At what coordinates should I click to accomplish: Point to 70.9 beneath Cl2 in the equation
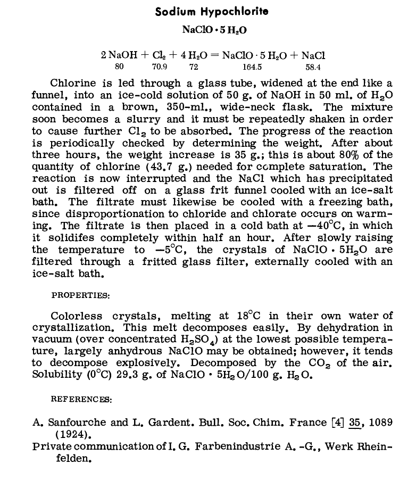pyautogui.click(x=160, y=68)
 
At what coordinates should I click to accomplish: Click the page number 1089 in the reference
pyautogui.click(x=381, y=423)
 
